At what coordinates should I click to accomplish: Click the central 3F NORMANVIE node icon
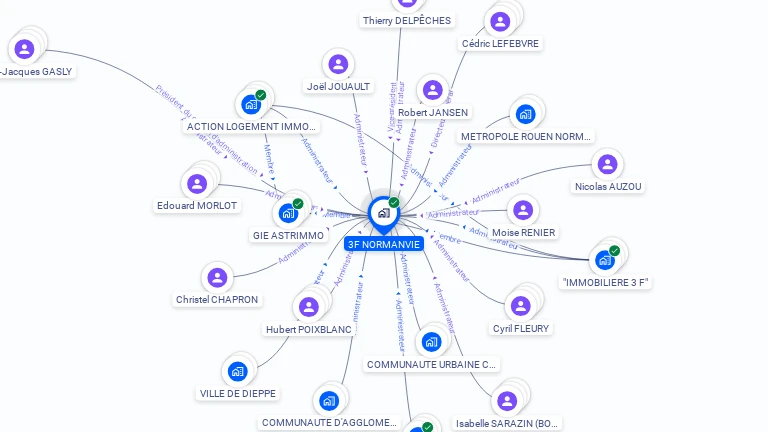coord(383,213)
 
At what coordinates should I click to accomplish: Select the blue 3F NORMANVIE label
coord(384,244)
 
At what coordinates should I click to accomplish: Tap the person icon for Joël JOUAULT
coord(338,64)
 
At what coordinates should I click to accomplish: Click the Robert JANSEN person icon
coord(433,90)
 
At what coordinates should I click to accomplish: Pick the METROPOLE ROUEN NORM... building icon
coord(526,114)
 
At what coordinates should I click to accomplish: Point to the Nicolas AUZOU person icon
coord(607,164)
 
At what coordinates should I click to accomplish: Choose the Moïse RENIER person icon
coord(522,210)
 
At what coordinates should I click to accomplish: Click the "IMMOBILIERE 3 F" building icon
coord(604,260)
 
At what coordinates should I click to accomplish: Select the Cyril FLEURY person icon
coord(520,306)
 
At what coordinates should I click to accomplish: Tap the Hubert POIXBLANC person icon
coord(309,307)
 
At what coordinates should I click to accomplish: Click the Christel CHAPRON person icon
coord(216,277)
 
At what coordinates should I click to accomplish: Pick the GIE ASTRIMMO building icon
coord(287,213)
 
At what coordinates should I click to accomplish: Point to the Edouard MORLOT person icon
coord(197,183)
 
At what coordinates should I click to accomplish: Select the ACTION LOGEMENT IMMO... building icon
coord(250,104)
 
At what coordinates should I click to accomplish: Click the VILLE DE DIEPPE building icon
coord(237,371)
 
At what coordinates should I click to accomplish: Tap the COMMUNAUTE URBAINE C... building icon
coord(431,342)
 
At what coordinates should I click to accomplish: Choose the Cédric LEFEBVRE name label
coord(500,44)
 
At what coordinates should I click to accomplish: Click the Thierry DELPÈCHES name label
coord(406,21)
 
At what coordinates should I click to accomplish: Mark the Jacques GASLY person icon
coord(24,48)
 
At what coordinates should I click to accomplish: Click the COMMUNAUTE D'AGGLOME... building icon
coord(329,401)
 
